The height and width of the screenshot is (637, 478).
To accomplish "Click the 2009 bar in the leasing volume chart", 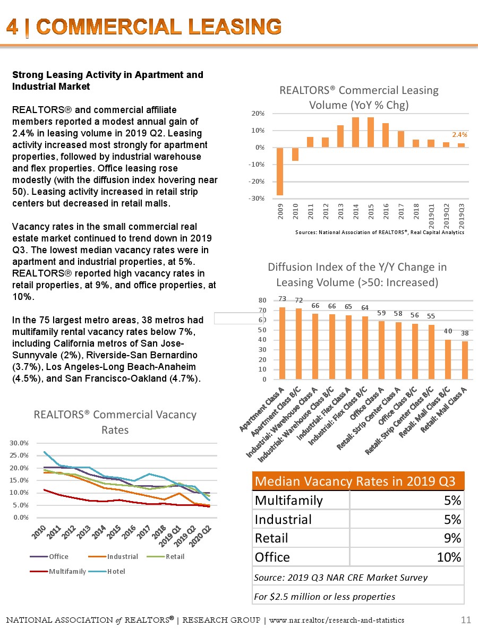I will [x=279, y=171].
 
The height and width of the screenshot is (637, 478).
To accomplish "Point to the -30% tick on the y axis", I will [x=258, y=199].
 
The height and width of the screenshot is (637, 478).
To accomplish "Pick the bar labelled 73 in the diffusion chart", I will [x=283, y=343].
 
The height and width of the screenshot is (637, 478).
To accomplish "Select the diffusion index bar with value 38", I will [x=465, y=360].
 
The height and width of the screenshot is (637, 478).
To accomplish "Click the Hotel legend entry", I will [x=115, y=571].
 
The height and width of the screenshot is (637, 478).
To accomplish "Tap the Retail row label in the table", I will [x=271, y=538].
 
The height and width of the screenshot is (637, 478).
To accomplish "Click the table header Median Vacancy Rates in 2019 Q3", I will [x=355, y=481].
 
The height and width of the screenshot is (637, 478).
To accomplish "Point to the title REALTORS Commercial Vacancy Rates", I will [x=115, y=422].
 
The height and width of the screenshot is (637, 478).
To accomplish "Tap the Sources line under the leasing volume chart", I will [x=379, y=232].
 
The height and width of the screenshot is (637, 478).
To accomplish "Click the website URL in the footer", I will [x=337, y=620].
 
